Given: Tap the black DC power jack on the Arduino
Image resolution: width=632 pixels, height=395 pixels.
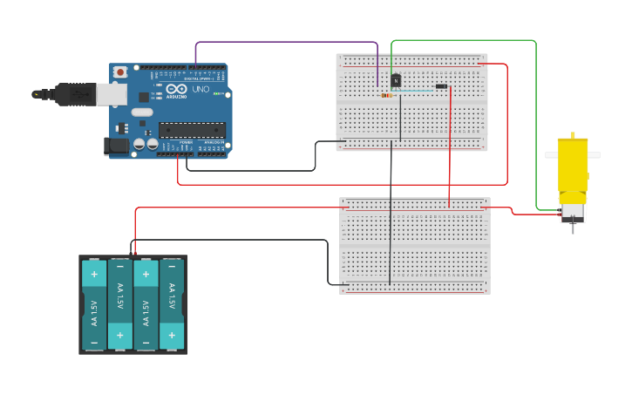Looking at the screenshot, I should pos(115,147).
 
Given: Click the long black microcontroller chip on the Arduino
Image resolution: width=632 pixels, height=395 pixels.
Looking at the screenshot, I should pos(192,131).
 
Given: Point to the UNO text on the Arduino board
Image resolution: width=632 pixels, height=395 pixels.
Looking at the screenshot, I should pos(200,90).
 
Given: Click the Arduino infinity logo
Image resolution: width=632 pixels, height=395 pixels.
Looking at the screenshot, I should pos(177,90).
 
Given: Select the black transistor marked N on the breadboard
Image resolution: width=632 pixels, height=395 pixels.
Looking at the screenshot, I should pos(396,80).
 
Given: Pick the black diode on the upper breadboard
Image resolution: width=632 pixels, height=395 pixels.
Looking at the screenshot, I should pos(442,86).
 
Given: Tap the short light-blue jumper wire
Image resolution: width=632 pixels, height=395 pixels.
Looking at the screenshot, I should pos(418,90).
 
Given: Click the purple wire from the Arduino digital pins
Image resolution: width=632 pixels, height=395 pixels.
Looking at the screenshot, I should pos(288,42).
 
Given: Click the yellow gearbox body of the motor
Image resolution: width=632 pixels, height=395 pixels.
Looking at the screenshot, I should pos(573,170).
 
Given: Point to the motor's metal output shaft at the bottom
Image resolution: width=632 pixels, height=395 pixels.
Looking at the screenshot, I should pos(573,228).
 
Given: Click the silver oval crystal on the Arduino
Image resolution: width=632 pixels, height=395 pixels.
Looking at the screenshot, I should pos(142,112).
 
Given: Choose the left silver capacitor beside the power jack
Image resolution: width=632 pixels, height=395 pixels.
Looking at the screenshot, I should pos(139,145).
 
